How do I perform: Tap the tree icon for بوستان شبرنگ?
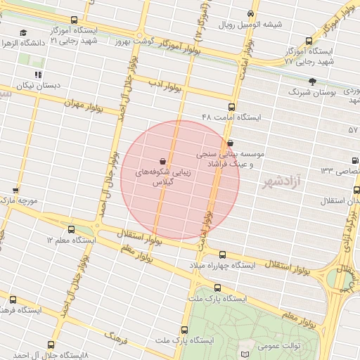coord(312,82)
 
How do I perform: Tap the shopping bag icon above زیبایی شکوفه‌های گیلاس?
coord(162,160)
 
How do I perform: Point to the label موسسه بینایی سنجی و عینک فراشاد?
coord(235,157)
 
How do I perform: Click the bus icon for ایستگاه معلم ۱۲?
coord(72,229)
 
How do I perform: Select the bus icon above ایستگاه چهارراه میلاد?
coord(223,255)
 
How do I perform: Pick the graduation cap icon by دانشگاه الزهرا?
coord(23,32)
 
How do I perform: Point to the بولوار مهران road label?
coord(84,103)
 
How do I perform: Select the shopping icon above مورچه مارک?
coord(15,191)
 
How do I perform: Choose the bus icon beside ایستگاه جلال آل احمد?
coord(51,345)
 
